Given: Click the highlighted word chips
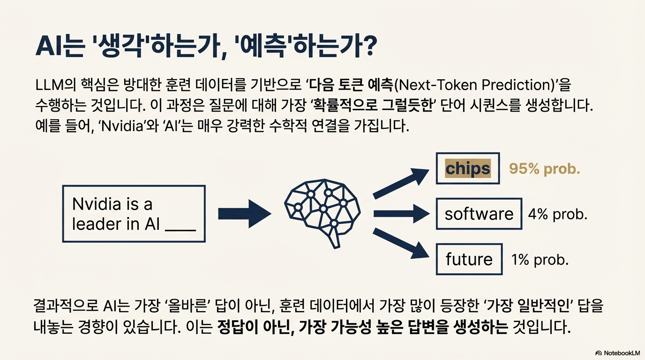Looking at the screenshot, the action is [x=467, y=168].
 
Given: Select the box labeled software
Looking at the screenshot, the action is [x=479, y=214].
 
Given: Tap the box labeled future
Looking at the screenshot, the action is [x=469, y=259].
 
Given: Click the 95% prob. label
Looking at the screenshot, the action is [x=544, y=169].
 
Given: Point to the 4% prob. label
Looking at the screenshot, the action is [x=557, y=214].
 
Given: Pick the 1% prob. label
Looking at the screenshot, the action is [x=540, y=259].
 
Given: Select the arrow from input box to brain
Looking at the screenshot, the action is [x=244, y=213].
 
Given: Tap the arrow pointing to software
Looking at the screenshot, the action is [x=401, y=214].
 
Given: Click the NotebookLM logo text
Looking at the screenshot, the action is [x=621, y=352].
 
